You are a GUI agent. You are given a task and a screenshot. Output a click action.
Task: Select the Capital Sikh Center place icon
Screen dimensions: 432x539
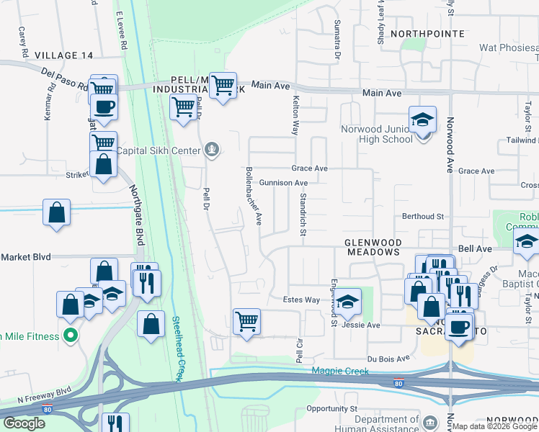pos(212,150)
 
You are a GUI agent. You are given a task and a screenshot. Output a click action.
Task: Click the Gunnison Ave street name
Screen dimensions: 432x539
pos(283,183)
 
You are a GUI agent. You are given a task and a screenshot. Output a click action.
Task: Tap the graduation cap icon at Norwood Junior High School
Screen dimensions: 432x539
pos(423,119)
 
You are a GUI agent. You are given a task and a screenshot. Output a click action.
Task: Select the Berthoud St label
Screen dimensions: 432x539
pos(423,216)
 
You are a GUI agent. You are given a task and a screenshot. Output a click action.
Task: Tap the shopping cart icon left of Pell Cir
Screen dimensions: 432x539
pos(246,320)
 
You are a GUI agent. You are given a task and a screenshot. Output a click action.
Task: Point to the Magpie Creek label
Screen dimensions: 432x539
pos(339,372)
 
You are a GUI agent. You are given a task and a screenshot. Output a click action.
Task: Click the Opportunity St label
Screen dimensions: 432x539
pos(331,408)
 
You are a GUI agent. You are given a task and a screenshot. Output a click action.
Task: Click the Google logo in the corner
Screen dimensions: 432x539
pos(24,423)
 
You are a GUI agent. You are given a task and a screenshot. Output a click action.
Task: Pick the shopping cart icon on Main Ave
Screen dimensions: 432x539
pos(223,86)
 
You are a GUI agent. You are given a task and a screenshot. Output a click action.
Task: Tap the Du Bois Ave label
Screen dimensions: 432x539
pos(388,358)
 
